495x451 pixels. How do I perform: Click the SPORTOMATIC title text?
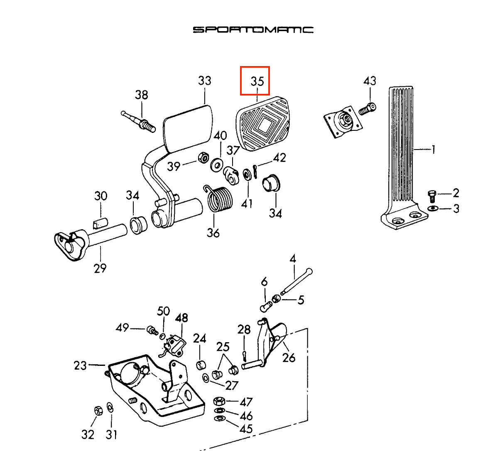coord(253,29)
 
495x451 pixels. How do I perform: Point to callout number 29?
coord(100,268)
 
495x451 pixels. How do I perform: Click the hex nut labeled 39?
coord(203,158)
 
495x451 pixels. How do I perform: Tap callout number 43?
coord(370,81)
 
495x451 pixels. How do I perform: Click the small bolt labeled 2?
coord(432,195)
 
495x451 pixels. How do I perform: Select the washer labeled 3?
coord(432,208)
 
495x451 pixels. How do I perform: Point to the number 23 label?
coord(80,365)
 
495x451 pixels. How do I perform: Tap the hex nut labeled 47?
coord(219,402)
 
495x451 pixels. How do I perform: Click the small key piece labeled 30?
coord(100,223)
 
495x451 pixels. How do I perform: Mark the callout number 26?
coord(289,357)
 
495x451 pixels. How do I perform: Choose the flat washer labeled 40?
coord(217,165)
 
